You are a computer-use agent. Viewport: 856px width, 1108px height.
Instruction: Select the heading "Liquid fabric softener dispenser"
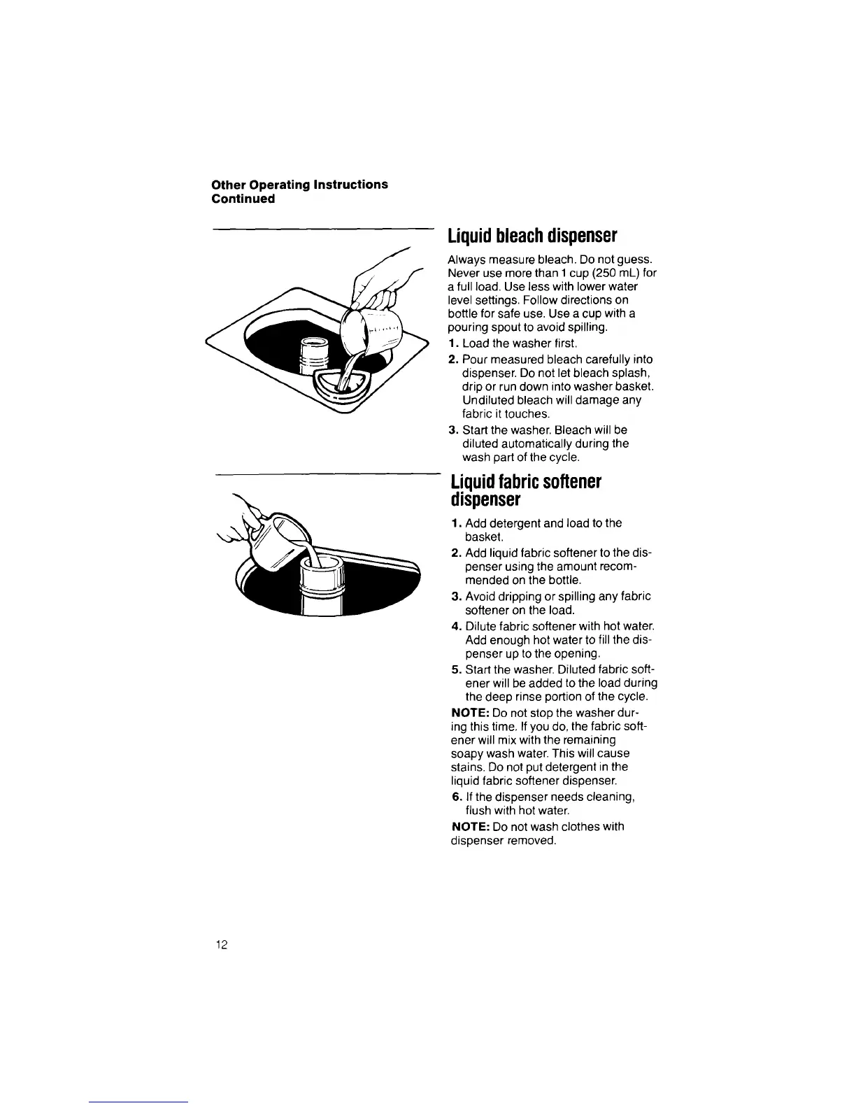click(525, 491)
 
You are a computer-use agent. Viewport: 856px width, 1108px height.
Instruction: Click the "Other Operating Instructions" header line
click(300, 185)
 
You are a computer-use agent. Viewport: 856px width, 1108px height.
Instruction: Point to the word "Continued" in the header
click(243, 199)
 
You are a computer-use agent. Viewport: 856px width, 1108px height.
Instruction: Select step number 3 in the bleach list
click(452, 430)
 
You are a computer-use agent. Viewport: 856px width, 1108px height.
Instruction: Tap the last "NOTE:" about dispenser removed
click(469, 827)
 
